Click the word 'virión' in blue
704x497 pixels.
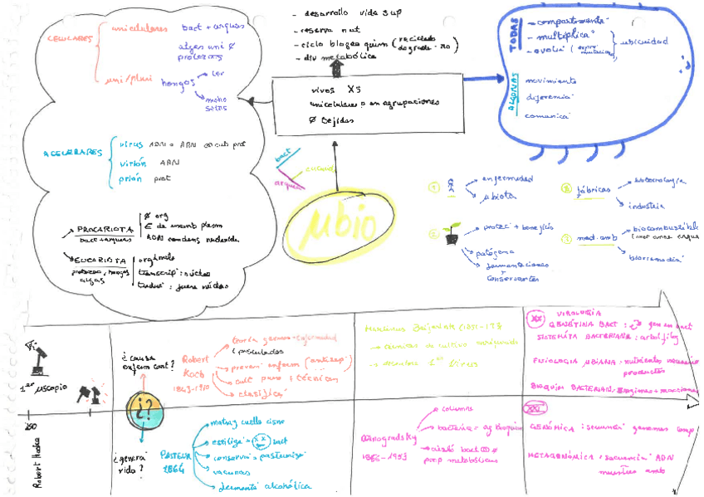pyautogui.click(x=132, y=163)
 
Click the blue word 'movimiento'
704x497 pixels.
pyautogui.click(x=552, y=80)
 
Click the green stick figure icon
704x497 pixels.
pyautogui.click(x=451, y=186)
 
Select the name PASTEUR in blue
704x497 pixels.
pyautogui.click(x=171, y=456)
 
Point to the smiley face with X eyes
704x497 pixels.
pyautogui.click(x=259, y=438)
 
